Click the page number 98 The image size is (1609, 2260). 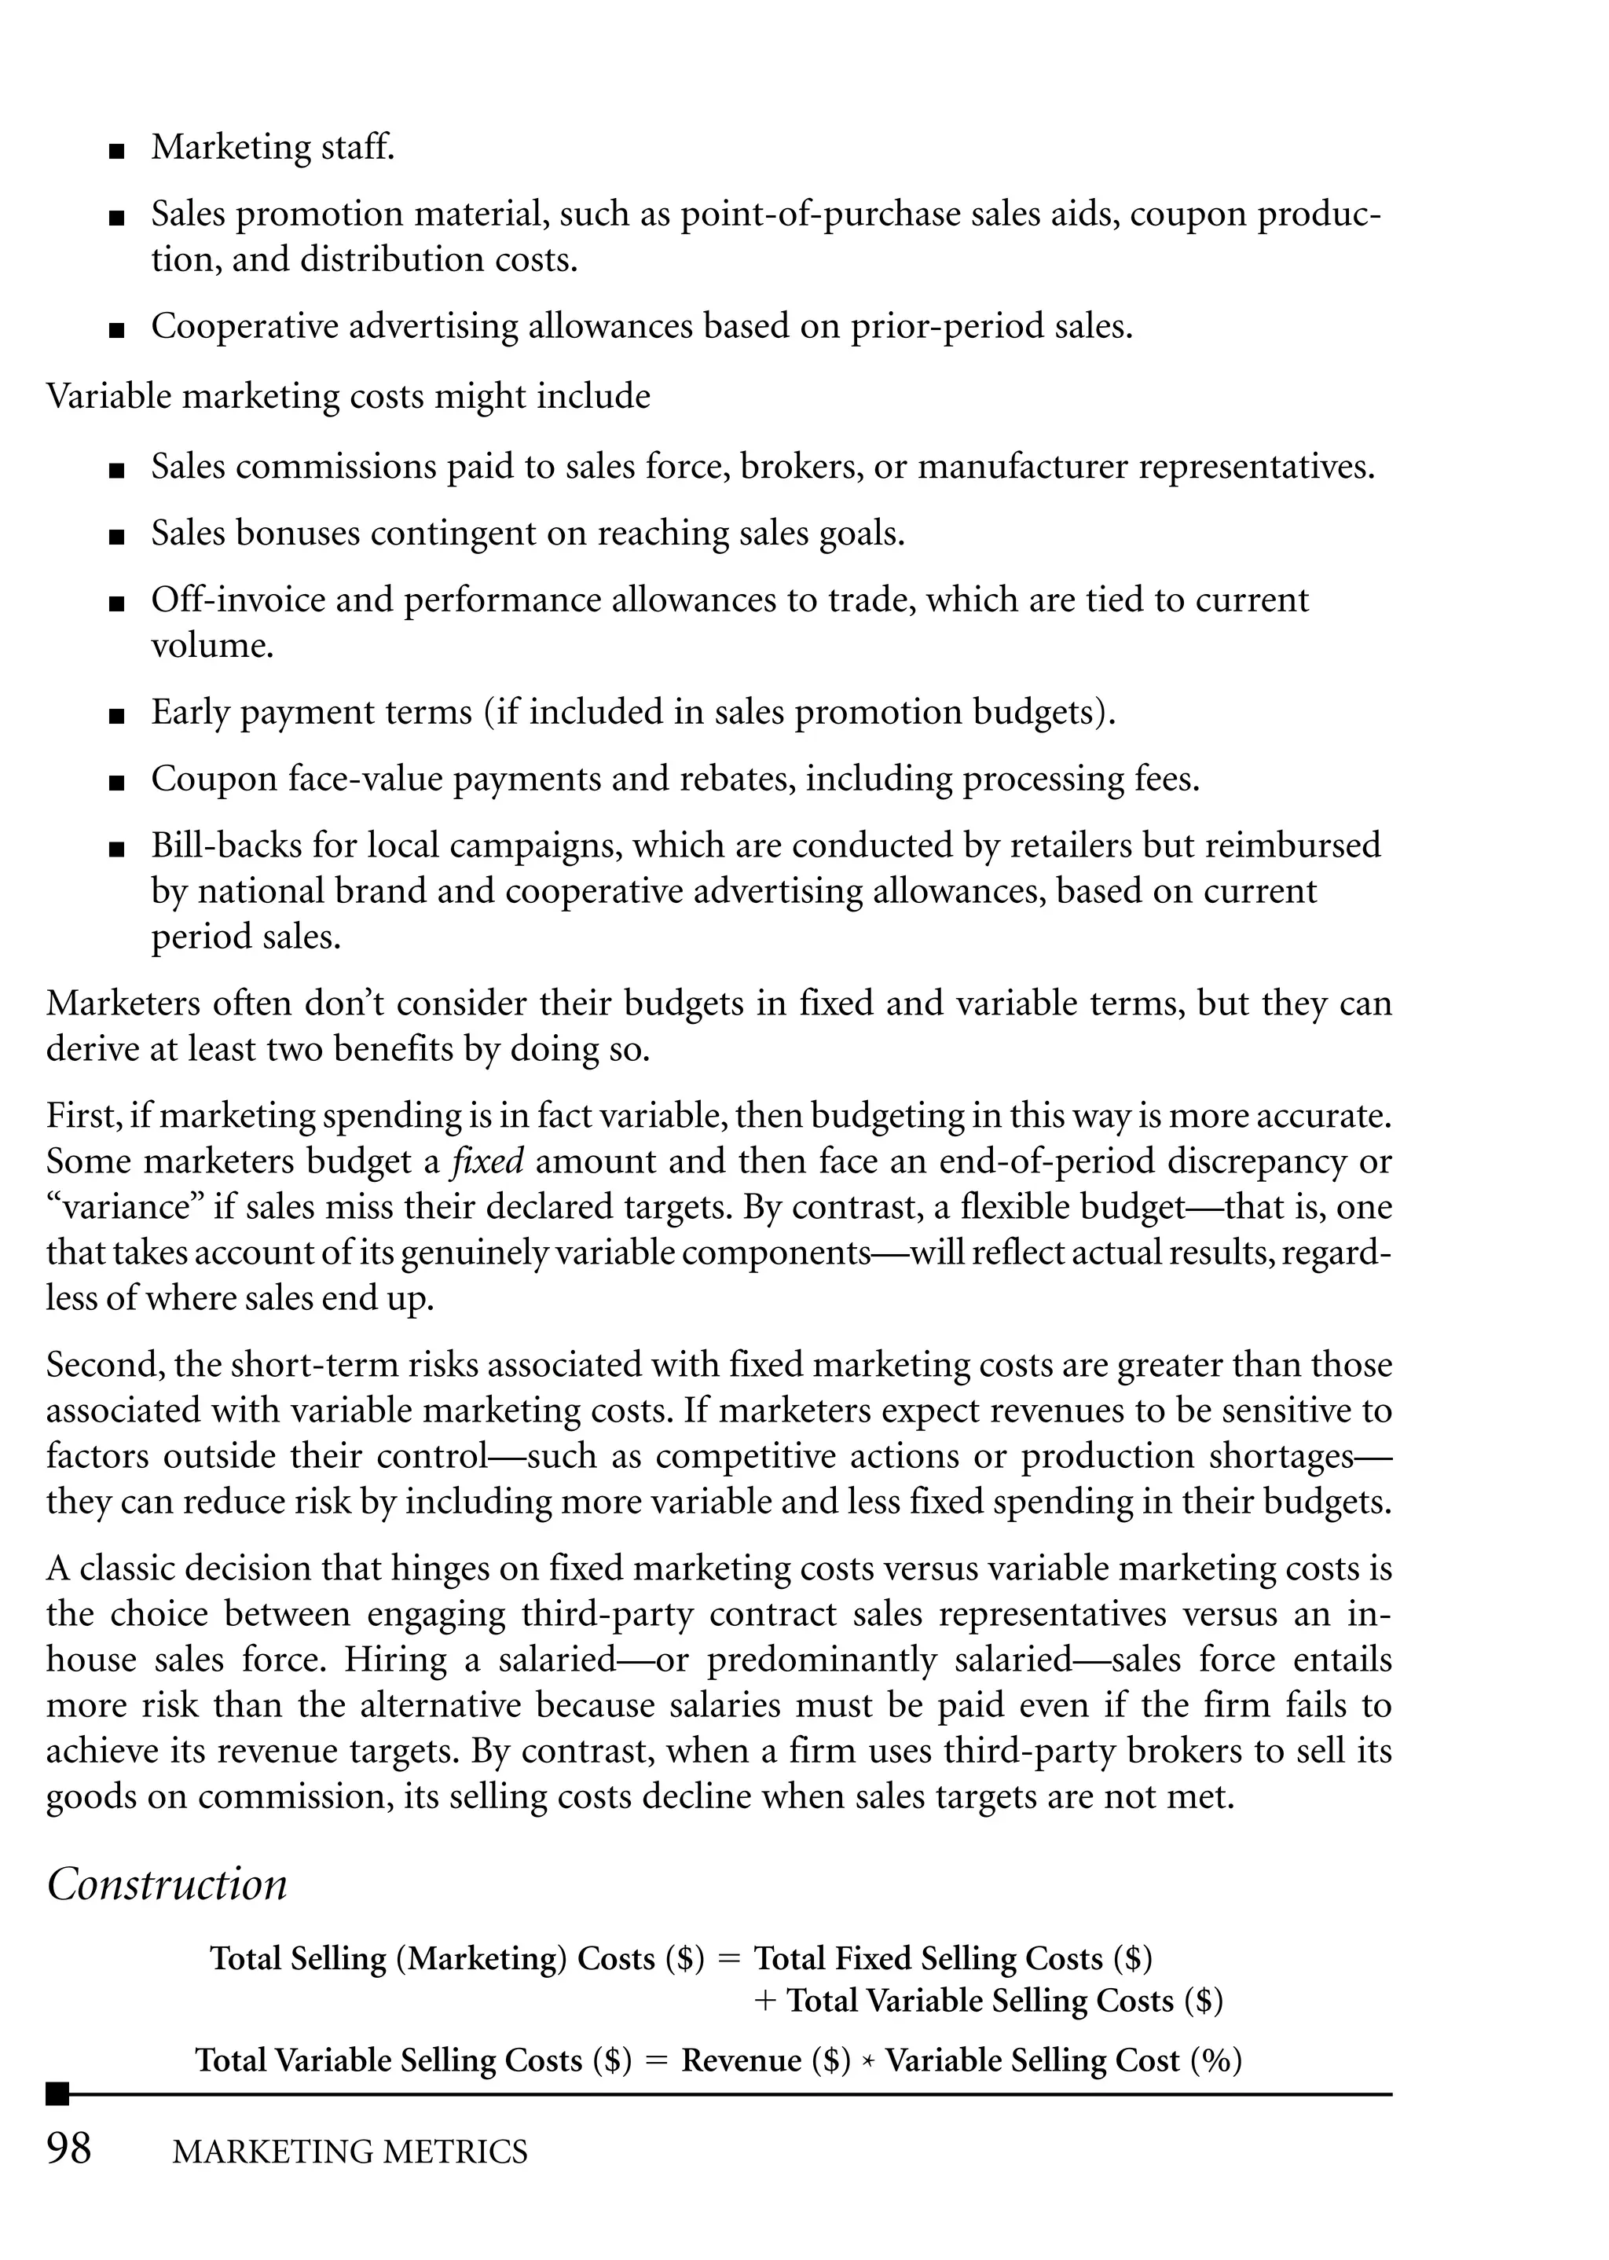(68, 2149)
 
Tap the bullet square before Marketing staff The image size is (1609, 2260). (117, 152)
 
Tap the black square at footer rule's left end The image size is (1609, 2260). (57, 2093)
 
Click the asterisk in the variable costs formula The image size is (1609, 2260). (868, 2062)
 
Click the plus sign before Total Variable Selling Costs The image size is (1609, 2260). (764, 2001)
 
